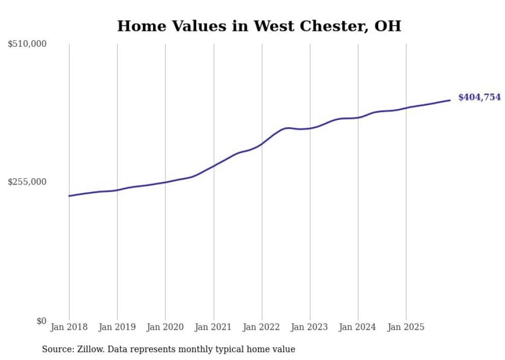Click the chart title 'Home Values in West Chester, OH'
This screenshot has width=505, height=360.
tap(259, 26)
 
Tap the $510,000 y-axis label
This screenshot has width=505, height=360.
tap(27, 44)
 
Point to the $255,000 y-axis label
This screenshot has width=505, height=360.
tap(27, 182)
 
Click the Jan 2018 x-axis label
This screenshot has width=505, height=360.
tap(69, 327)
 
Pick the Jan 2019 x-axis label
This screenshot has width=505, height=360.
tap(117, 327)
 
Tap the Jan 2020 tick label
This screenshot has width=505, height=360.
tap(165, 327)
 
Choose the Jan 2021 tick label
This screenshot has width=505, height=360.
tap(213, 327)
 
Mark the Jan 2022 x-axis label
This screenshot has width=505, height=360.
tap(262, 327)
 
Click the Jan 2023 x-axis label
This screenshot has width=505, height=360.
tap(310, 327)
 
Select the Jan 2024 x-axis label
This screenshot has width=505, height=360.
tap(358, 327)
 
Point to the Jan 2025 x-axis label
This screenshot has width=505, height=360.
tap(406, 327)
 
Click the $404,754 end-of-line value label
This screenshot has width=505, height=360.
tap(479, 97)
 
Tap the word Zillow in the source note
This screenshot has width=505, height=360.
tap(81, 349)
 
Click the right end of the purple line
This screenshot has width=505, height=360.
tap(450, 100)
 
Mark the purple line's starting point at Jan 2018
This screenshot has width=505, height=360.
tap(69, 196)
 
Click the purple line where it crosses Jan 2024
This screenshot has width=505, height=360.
tap(358, 117)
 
